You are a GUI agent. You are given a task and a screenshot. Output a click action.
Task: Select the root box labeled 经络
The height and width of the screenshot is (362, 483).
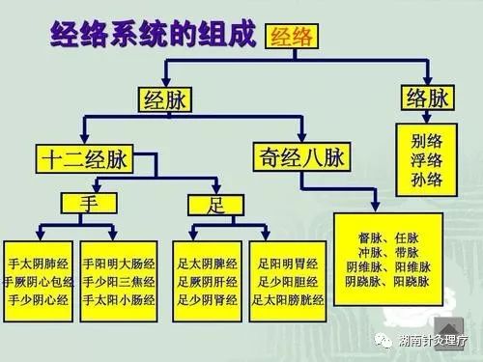click(291, 38)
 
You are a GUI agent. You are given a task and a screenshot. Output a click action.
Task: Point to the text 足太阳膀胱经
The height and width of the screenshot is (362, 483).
click(286, 300)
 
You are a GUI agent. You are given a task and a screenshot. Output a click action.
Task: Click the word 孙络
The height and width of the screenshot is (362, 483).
click(425, 179)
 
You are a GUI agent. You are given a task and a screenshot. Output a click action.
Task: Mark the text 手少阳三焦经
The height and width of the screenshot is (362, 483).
click(118, 280)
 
